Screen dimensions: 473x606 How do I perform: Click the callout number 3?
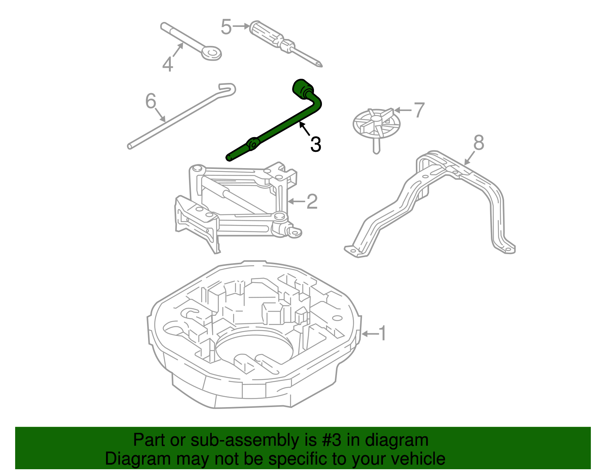coord(315,145)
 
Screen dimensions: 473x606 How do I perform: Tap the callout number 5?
coord(226,27)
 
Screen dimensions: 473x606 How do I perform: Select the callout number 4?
coord(167,64)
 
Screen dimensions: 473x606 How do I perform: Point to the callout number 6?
coord(151,101)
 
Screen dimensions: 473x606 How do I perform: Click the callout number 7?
coord(419,110)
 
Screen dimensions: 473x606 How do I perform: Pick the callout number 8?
coord(479,143)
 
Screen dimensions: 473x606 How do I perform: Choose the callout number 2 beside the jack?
coord(312,201)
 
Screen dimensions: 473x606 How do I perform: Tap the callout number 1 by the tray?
coord(383,333)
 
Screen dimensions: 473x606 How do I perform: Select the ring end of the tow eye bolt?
coord(211,53)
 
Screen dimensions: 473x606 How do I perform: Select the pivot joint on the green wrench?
coord(252,144)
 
